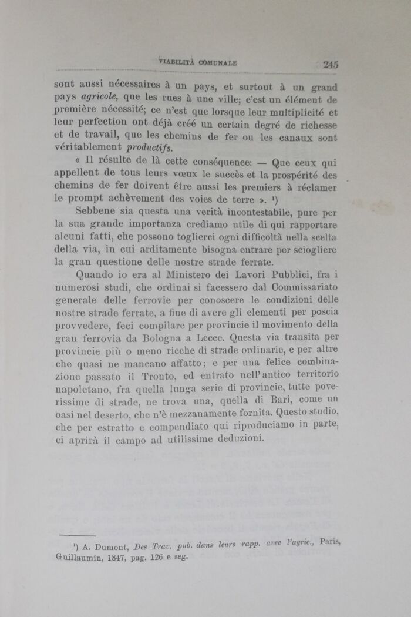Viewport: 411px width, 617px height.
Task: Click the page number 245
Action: pos(330,65)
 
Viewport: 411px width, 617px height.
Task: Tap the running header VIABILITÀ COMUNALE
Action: pos(197,63)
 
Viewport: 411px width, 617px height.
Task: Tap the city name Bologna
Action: pos(163,339)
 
